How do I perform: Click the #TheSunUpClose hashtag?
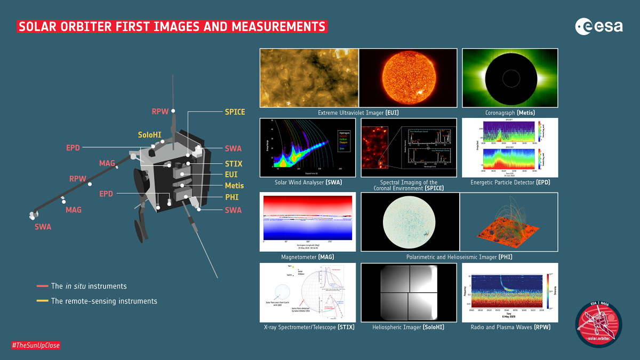[x=36, y=346]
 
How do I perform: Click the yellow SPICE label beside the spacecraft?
[x=235, y=112]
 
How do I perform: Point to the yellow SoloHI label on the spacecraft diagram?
[x=151, y=135]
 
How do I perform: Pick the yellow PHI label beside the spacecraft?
[x=232, y=197]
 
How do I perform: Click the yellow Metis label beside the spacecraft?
[x=234, y=186]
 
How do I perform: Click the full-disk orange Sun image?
[x=408, y=78]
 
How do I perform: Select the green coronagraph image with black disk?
[x=509, y=78]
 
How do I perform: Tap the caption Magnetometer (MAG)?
[x=308, y=257]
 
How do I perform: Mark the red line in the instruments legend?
[x=42, y=286]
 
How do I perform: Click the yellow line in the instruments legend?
[x=42, y=301]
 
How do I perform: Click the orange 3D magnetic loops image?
[x=508, y=222]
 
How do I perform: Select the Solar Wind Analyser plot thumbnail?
[x=307, y=148]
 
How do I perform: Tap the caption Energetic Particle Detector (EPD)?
[x=510, y=182]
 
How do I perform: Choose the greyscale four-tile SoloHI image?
[x=408, y=292]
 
